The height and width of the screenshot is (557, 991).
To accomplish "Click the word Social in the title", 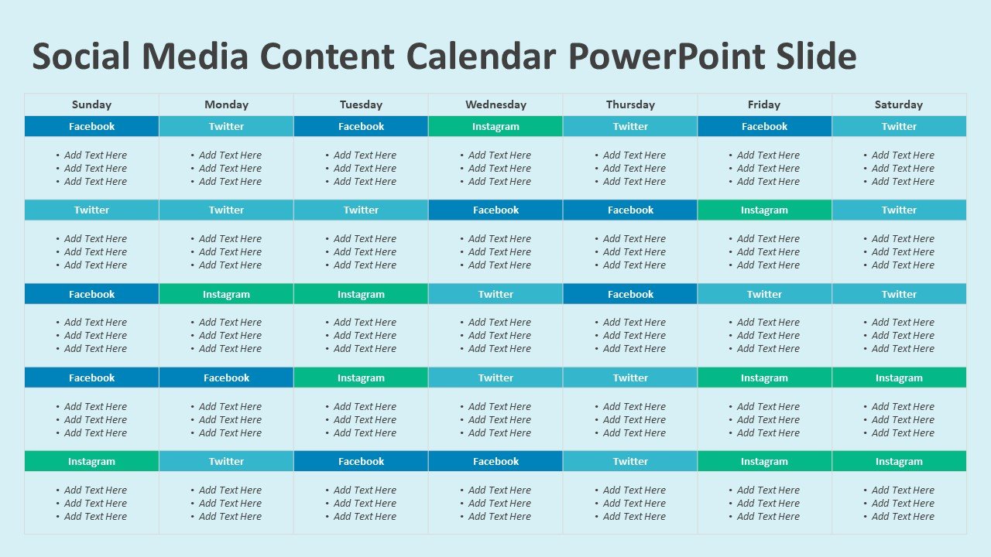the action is point(81,56).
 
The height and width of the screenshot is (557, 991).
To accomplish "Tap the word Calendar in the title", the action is point(481,56).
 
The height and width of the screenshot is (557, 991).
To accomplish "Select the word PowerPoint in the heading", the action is point(667,56).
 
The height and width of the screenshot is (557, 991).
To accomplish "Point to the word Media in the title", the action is point(195,56).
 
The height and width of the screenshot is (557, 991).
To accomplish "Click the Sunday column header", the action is point(91,104).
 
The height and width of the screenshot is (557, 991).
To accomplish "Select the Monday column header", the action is point(226,104).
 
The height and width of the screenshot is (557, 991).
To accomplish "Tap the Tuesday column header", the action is point(361,104).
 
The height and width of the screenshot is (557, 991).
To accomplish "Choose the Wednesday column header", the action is point(495,104).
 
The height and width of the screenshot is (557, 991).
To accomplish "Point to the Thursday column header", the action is point(630,104).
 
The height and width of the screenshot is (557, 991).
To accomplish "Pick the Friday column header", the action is point(764,104).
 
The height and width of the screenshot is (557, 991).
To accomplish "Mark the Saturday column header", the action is point(899,104).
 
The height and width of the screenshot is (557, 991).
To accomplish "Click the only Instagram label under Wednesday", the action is point(495,126).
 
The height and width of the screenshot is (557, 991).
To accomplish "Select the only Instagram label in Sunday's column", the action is point(91,462).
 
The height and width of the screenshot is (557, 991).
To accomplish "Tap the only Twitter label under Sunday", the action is point(91,210).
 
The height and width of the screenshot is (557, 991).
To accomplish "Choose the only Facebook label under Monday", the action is point(226,378).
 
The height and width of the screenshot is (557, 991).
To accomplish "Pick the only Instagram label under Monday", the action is point(226,295).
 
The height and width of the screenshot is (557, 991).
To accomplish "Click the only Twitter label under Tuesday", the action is point(361,210).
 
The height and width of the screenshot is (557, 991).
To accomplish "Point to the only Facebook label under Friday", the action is point(764,126).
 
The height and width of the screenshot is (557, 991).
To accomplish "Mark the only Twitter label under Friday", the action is point(764,295).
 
